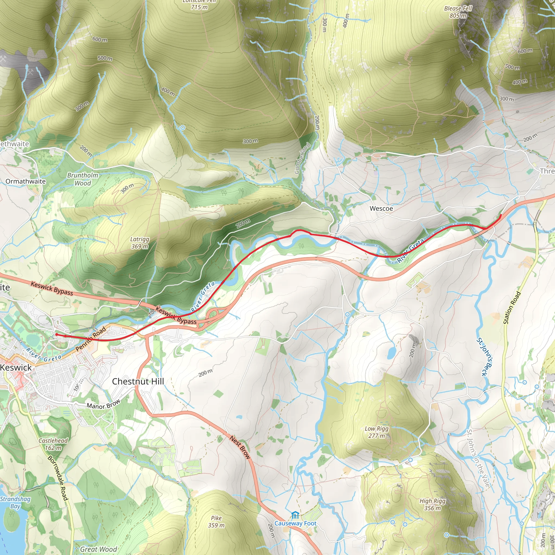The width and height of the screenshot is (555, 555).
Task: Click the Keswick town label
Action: (x=16, y=367)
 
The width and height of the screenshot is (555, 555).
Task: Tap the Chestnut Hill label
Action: (x=138, y=382)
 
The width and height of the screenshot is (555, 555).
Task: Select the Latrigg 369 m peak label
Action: (x=140, y=243)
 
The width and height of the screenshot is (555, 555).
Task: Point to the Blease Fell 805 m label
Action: (x=458, y=12)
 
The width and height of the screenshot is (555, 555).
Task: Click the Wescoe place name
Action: (x=381, y=209)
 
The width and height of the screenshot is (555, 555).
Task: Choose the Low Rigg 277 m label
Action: (x=377, y=432)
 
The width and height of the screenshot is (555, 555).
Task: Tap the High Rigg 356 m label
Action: (x=432, y=504)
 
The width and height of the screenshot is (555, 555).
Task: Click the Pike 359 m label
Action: (x=216, y=522)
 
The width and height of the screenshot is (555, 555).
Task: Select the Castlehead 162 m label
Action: (x=53, y=444)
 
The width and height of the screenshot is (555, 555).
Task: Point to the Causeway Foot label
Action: (x=295, y=523)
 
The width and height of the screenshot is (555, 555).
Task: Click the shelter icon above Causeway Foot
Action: (x=295, y=515)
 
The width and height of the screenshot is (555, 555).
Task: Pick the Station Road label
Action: (x=512, y=308)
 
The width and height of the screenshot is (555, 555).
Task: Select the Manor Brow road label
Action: (x=104, y=405)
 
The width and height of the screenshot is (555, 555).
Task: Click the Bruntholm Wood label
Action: (x=83, y=179)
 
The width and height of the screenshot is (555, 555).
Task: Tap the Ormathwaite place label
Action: (x=25, y=181)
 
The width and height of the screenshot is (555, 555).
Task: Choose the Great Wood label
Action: (x=99, y=549)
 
